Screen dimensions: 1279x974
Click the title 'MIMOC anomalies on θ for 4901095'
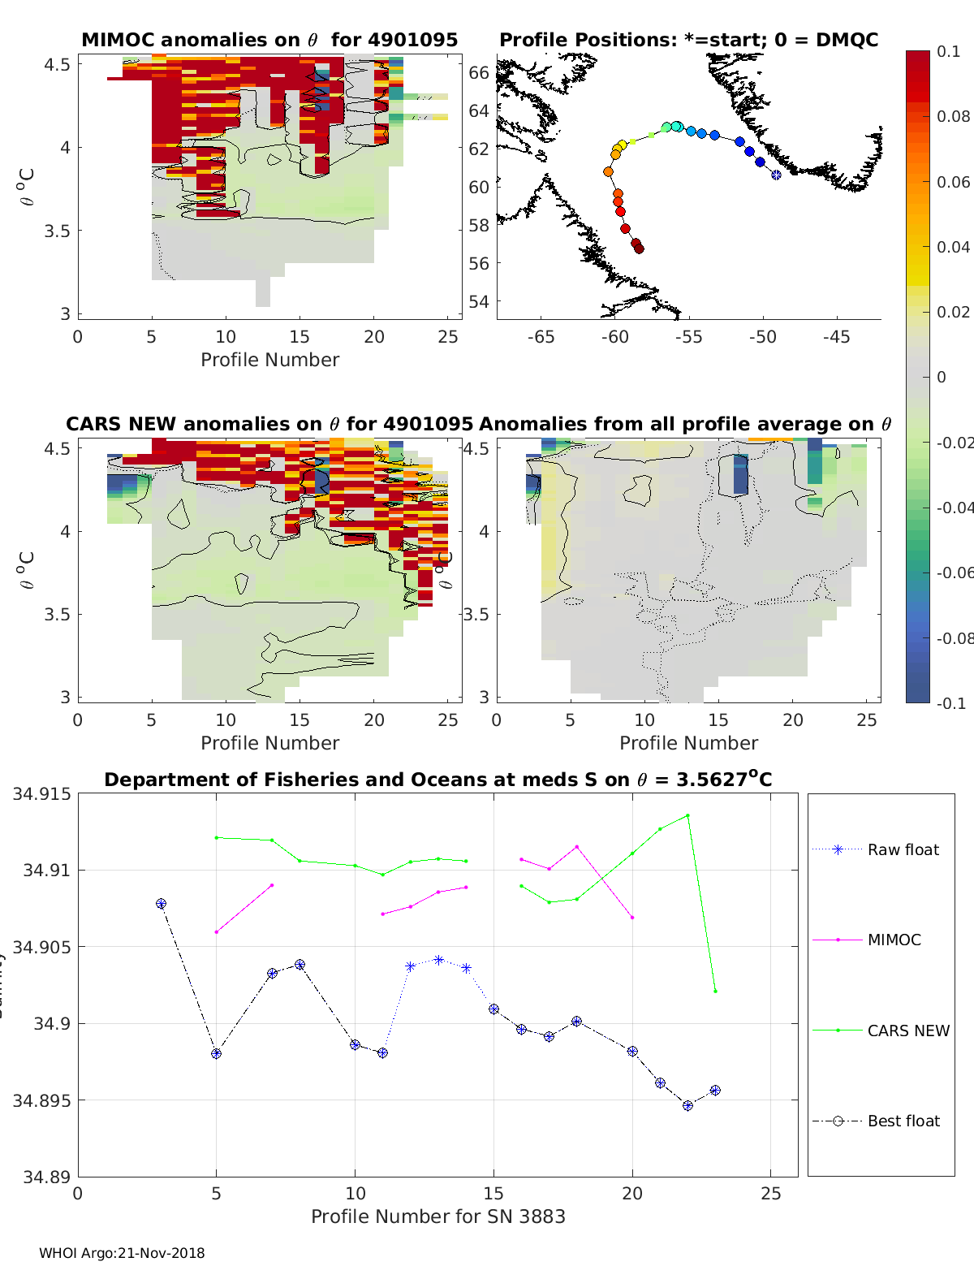pyautogui.click(x=269, y=40)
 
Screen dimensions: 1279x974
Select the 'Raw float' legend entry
pyautogui.click(x=903, y=849)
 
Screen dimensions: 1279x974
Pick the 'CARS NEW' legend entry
pyautogui.click(x=907, y=1031)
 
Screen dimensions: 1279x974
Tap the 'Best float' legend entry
pyautogui.click(x=903, y=1121)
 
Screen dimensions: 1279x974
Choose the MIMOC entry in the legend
pyautogui.click(x=894, y=940)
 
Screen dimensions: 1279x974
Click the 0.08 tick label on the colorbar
pyautogui.click(x=953, y=116)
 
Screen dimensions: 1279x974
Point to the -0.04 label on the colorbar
pyautogui.click(x=953, y=508)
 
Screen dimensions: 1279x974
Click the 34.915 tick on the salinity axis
pyautogui.click(x=41, y=793)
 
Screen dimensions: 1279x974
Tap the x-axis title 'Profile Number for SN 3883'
pyautogui.click(x=437, y=1216)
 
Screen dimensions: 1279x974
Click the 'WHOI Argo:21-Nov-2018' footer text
pyautogui.click(x=122, y=1253)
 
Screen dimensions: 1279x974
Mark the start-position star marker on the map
pyautogui.click(x=776, y=175)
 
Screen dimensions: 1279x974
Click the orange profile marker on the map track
pyautogui.click(x=608, y=171)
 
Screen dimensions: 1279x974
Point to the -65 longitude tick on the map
pyautogui.click(x=541, y=337)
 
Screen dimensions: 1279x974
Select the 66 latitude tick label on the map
pyautogui.click(x=479, y=72)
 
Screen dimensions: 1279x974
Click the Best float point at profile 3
pyautogui.click(x=161, y=904)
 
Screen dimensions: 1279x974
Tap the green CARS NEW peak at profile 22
pyautogui.click(x=687, y=815)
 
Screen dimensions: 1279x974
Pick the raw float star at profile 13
pyautogui.click(x=438, y=960)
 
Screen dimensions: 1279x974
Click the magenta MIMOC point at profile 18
pyautogui.click(x=577, y=847)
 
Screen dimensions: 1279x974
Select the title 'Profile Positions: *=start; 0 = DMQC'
pyautogui.click(x=688, y=40)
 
